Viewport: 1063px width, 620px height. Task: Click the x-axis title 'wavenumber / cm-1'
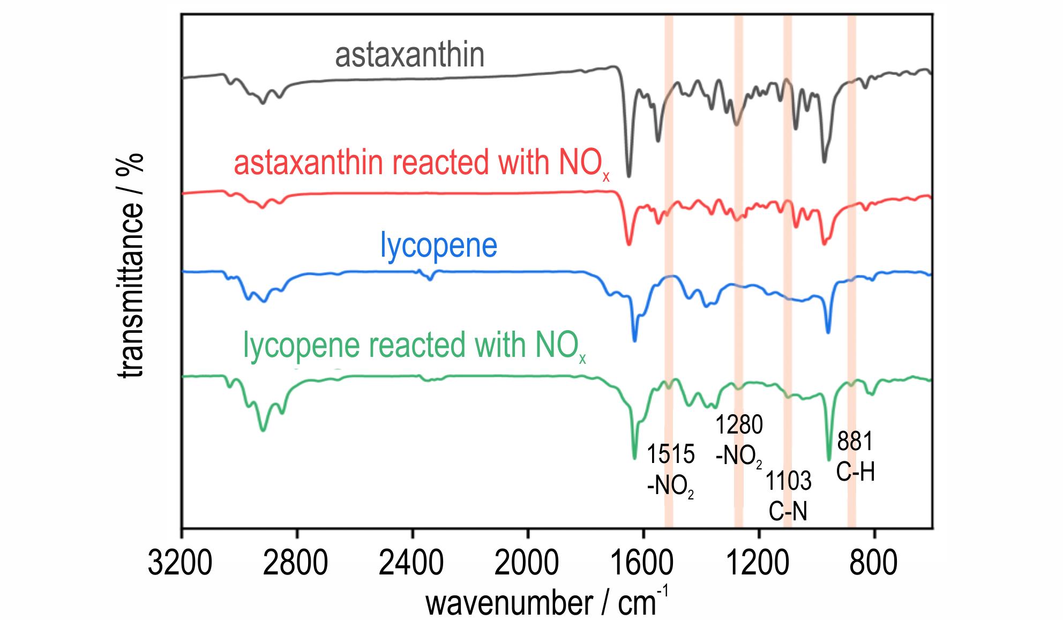[x=547, y=602]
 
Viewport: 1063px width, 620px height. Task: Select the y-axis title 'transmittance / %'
[x=130, y=265]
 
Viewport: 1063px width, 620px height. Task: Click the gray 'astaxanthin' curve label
[x=409, y=56]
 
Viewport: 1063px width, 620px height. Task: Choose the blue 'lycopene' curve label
[x=438, y=245]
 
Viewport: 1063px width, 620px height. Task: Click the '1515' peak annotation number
[x=670, y=454]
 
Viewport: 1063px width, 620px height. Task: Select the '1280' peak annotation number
[x=739, y=425]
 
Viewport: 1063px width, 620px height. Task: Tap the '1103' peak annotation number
[x=788, y=481]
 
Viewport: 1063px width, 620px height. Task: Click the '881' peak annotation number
[x=855, y=442]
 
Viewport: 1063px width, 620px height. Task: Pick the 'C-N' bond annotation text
[x=788, y=512]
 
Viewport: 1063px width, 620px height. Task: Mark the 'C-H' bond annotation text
[x=855, y=473]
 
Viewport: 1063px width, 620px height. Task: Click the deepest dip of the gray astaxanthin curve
[x=628, y=175]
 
